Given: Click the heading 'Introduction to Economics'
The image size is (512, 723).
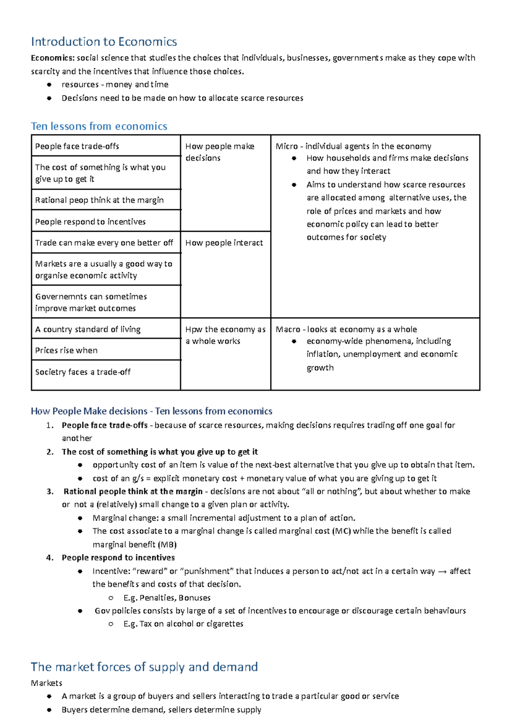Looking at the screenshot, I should tap(104, 42).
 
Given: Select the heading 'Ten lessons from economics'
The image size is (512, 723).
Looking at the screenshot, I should tap(99, 126).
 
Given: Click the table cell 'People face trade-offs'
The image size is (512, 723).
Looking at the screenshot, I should tap(77, 146).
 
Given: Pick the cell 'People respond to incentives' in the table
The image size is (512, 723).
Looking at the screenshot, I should tap(90, 222).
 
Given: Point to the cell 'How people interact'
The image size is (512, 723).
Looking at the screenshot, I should tap(224, 243).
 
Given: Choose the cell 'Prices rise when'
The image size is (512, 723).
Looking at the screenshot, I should tap(67, 350).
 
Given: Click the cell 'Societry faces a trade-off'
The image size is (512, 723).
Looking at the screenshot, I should tap(83, 372).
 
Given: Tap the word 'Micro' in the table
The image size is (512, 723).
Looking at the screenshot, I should tap(286, 146).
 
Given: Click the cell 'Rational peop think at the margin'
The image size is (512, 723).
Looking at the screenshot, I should tap(99, 200).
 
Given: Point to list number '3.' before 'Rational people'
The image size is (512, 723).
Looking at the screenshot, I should tap(50, 492).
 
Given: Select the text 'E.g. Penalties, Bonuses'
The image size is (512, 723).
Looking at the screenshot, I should tap(167, 598).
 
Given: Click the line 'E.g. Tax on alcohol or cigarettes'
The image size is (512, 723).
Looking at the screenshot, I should tap(183, 624).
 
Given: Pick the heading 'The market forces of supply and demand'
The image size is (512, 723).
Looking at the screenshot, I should tap(144, 667).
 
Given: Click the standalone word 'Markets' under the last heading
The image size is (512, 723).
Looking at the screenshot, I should tap(47, 683).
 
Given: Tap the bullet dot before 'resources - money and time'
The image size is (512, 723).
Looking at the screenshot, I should tap(49, 85).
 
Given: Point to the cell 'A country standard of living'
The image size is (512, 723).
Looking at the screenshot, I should tap(88, 329).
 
